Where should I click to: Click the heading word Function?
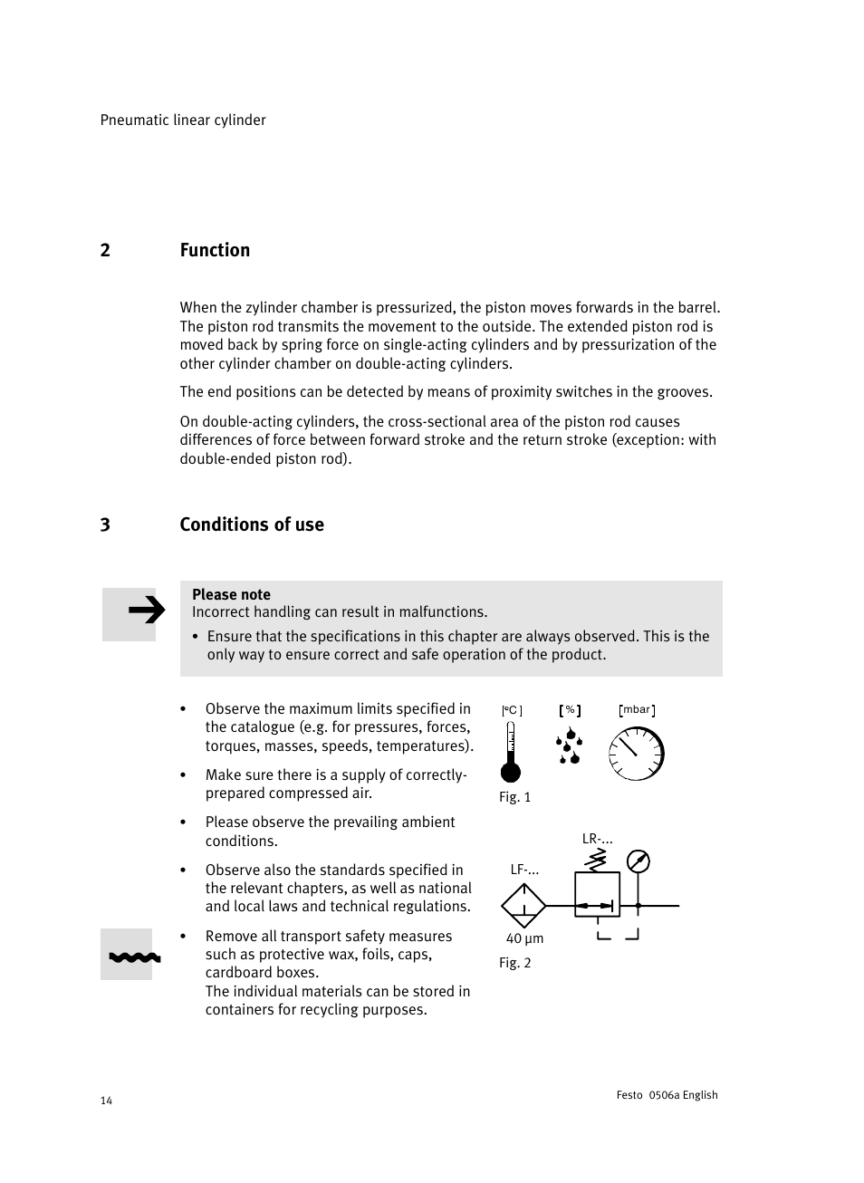click(215, 251)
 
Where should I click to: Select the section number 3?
click(105, 525)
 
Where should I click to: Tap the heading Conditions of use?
click(252, 525)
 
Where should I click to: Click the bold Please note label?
click(231, 595)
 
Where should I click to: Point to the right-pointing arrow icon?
click(145, 612)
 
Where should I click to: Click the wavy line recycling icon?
click(134, 956)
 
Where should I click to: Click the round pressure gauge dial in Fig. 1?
click(637, 755)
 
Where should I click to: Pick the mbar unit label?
click(637, 710)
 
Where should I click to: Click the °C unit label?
click(512, 711)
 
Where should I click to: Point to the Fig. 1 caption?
click(514, 797)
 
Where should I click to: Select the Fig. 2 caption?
click(514, 963)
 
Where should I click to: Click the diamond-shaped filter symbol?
click(523, 905)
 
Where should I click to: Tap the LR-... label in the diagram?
click(597, 840)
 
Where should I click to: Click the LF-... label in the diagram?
click(524, 870)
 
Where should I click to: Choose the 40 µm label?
click(524, 939)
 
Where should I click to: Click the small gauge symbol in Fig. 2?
click(638, 861)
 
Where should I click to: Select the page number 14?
click(106, 1101)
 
